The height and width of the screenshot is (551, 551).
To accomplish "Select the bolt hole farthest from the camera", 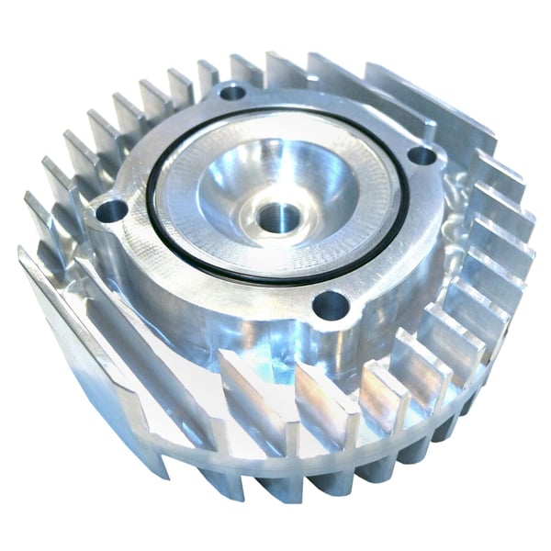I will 232,92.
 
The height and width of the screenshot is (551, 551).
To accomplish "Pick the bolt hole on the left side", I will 110,210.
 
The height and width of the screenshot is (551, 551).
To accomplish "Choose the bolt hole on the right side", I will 420,155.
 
